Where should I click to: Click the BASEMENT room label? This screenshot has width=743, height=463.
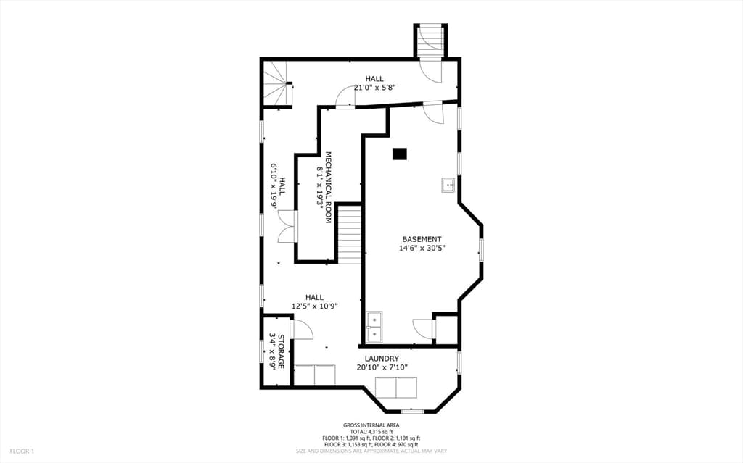(x=422, y=240)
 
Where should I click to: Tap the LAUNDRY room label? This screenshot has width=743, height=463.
(x=382, y=359)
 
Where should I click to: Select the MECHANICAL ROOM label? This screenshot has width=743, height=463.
(x=328, y=188)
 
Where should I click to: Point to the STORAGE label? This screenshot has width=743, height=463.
(x=281, y=351)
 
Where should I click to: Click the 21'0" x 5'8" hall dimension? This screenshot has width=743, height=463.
(x=374, y=87)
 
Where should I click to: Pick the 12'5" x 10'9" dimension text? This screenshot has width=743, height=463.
(x=314, y=306)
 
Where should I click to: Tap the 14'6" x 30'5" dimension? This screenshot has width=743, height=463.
(x=422, y=248)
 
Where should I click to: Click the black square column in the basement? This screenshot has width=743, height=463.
(x=400, y=154)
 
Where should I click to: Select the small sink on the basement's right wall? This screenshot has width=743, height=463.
(x=448, y=185)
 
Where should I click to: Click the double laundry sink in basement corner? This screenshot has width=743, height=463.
(x=374, y=327)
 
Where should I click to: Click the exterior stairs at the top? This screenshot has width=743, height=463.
(x=431, y=41)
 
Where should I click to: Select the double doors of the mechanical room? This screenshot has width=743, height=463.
(x=287, y=227)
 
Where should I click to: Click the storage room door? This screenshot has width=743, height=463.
(x=302, y=329)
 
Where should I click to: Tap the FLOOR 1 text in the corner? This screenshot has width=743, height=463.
(x=22, y=451)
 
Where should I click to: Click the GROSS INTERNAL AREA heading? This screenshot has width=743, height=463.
(x=371, y=425)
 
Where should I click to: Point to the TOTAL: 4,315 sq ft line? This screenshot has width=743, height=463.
(x=371, y=432)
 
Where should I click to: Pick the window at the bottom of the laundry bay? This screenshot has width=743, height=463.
(x=412, y=412)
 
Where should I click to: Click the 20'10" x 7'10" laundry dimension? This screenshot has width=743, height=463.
(x=382, y=367)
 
